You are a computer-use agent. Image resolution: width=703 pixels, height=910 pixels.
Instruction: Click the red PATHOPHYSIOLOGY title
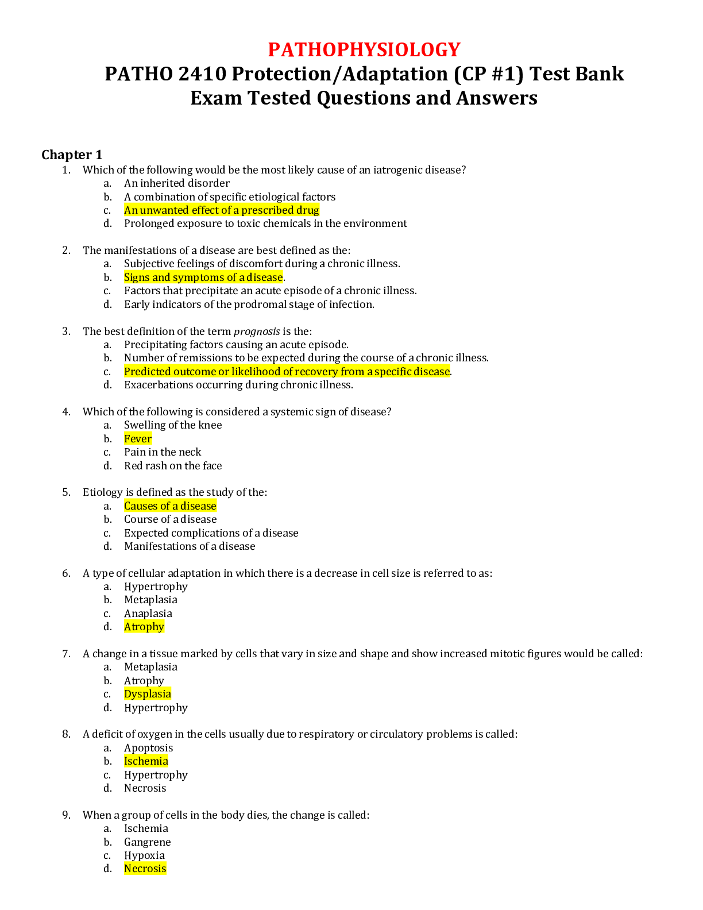pyautogui.click(x=364, y=49)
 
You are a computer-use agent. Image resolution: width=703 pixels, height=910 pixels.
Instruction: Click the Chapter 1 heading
pyautogui.click(x=72, y=155)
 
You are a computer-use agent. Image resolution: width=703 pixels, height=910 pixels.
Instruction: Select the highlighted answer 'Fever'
pyautogui.click(x=138, y=439)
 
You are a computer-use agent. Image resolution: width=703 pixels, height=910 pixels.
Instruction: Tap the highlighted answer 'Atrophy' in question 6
pyautogui.click(x=144, y=627)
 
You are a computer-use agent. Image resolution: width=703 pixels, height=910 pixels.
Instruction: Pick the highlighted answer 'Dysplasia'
pyautogui.click(x=148, y=694)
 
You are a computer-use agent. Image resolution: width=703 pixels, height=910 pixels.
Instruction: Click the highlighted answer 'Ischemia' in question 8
pyautogui.click(x=146, y=761)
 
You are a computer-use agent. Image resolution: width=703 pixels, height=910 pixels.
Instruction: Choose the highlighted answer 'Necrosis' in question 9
pyautogui.click(x=145, y=869)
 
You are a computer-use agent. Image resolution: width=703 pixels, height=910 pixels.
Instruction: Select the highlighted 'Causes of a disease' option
pyautogui.click(x=170, y=506)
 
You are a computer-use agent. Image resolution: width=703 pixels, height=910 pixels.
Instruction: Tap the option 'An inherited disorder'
pyautogui.click(x=177, y=183)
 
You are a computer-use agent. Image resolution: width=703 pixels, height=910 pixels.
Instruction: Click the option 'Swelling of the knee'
pyautogui.click(x=173, y=425)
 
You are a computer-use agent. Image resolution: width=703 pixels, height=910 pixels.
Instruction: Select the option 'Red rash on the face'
pyautogui.click(x=173, y=466)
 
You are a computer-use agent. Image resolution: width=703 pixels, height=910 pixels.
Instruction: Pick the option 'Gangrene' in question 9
pyautogui.click(x=148, y=842)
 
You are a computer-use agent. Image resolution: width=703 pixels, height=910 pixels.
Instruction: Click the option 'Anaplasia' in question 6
pyautogui.click(x=148, y=614)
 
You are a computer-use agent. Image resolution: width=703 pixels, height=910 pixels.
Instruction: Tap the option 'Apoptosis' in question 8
pyautogui.click(x=148, y=748)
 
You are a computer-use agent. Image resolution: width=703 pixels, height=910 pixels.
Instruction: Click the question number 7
pyautogui.click(x=66, y=654)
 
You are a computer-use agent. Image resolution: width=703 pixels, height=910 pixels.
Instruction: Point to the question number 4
pyautogui.click(x=66, y=412)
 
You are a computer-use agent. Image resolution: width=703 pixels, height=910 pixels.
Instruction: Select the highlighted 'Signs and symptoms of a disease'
pyautogui.click(x=204, y=277)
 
